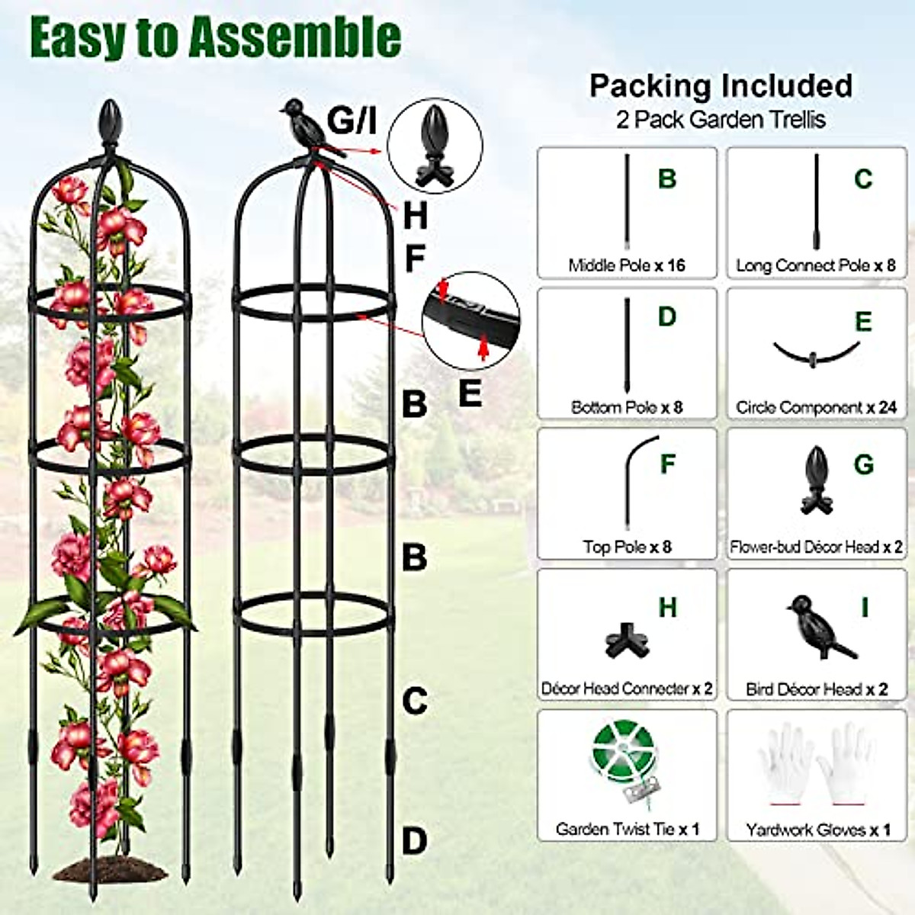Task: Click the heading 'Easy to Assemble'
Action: [x=215, y=38]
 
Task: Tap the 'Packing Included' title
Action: [x=721, y=85]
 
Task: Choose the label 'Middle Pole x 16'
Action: [x=626, y=265]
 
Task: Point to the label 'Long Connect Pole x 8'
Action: [x=815, y=265]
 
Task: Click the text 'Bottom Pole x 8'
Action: [x=626, y=407]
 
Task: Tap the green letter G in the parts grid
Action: [x=863, y=464]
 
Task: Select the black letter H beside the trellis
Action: [x=415, y=217]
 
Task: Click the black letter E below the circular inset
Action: [x=470, y=393]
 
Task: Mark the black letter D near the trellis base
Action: [x=414, y=842]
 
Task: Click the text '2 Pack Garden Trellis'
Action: [x=721, y=120]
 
